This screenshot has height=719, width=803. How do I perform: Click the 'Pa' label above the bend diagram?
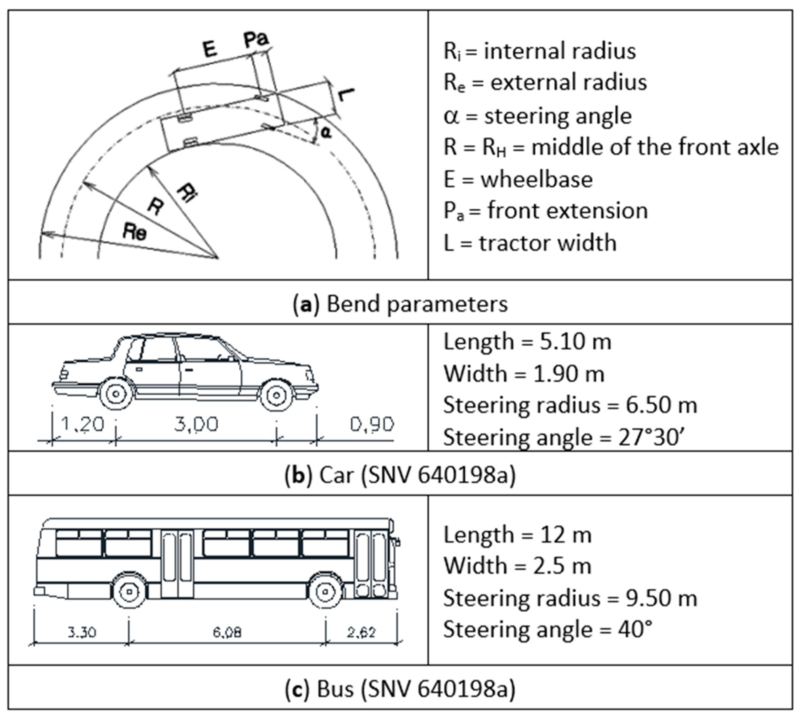(256, 39)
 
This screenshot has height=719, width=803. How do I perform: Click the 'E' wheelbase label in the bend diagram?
(210, 49)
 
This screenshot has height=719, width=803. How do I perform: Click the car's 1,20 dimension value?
(83, 424)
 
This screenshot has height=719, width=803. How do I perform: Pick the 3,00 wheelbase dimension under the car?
(196, 424)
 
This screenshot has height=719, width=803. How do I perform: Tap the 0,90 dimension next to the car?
(372, 424)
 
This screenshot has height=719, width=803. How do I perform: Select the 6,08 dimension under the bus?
(227, 632)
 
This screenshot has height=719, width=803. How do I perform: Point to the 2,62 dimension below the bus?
(361, 632)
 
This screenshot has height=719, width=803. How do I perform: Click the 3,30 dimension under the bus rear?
(82, 632)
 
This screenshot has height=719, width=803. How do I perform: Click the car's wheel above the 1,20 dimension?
(116, 394)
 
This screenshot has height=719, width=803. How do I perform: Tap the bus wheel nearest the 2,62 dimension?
(325, 591)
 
